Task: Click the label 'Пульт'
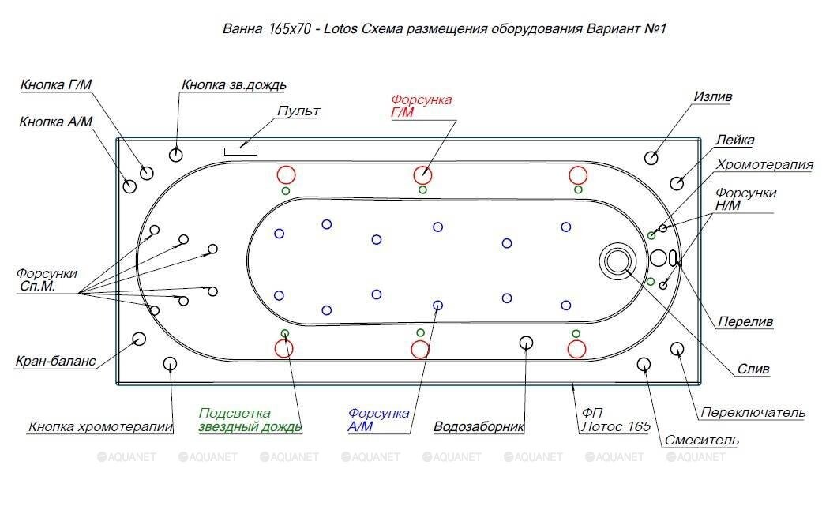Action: (x=298, y=111)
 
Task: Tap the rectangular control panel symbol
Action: (x=240, y=150)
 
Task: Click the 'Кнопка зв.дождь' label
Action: (x=234, y=84)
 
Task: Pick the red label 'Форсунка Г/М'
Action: (x=422, y=106)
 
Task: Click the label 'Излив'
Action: (x=713, y=96)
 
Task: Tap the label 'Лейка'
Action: (x=734, y=141)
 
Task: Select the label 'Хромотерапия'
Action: (x=764, y=164)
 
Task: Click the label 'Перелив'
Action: (x=745, y=322)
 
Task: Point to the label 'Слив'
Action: (x=753, y=369)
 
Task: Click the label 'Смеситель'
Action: (x=701, y=440)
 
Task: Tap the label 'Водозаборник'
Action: (x=479, y=427)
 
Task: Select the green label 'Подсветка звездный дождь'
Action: (x=250, y=420)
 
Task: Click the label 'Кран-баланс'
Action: (x=55, y=362)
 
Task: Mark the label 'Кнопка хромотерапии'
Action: (x=100, y=427)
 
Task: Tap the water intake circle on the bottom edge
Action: (x=527, y=342)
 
